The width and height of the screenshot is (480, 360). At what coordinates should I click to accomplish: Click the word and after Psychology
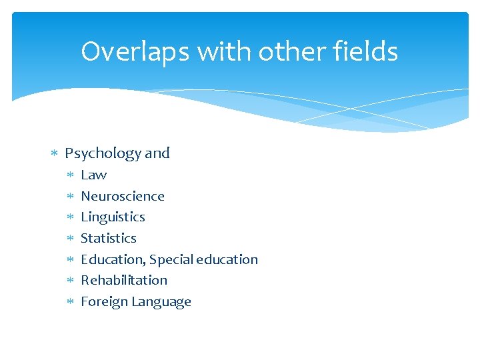(x=157, y=153)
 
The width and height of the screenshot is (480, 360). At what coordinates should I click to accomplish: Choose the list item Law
(x=93, y=175)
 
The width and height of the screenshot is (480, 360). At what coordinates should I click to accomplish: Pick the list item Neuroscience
(x=123, y=196)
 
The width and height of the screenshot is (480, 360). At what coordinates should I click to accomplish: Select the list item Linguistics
(x=113, y=217)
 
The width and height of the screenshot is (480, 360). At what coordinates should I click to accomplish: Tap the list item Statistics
(x=109, y=238)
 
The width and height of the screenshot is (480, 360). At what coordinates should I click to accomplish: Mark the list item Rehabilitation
(x=124, y=280)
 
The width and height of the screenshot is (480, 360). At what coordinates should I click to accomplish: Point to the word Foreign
(x=104, y=301)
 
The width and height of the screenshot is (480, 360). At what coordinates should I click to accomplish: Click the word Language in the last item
(x=161, y=302)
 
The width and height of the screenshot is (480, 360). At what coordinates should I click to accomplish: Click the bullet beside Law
(x=70, y=175)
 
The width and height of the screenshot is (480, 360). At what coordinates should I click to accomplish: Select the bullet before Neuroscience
(x=70, y=197)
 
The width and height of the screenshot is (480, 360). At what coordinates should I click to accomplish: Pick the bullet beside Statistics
(x=70, y=239)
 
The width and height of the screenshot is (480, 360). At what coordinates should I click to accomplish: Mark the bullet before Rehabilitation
(x=70, y=281)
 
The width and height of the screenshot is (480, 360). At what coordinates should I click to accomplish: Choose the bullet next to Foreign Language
(x=70, y=302)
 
